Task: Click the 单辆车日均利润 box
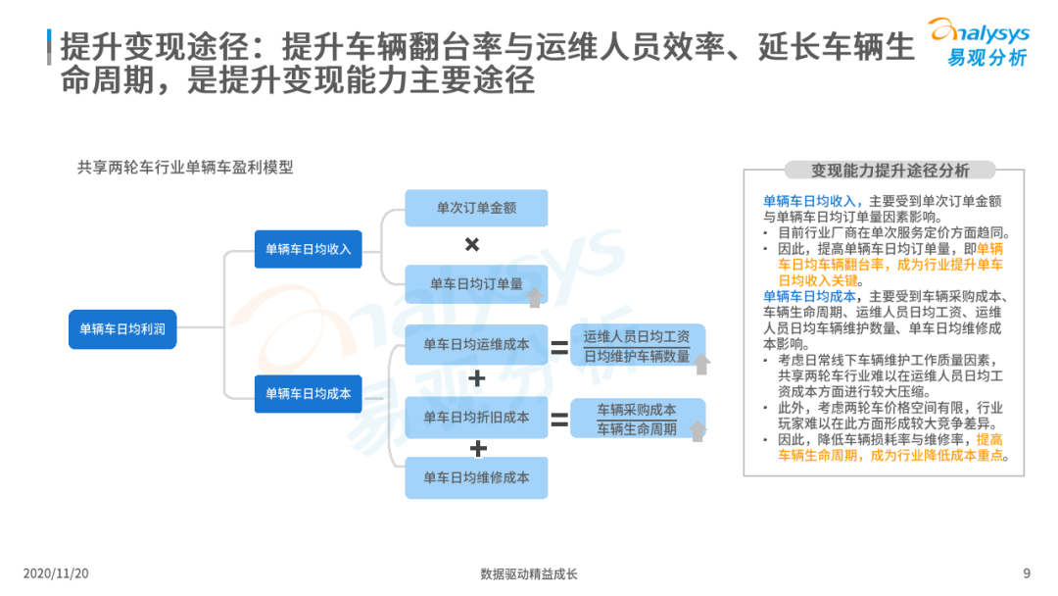coord(122,329)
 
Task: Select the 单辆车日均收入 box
coord(308,249)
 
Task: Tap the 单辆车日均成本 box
coord(308,393)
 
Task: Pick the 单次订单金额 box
coord(476,208)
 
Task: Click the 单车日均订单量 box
coord(476,284)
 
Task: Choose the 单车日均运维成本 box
coord(476,344)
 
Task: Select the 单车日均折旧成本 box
coord(476,418)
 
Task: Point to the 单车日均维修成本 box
coord(476,478)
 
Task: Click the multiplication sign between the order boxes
coord(472,244)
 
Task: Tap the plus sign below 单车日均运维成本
coord(477,378)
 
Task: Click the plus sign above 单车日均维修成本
coord(478,448)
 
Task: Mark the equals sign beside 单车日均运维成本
coord(559,347)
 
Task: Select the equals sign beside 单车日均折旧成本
coord(559,420)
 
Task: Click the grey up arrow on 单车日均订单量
coord(535,297)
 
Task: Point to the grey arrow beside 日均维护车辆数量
coord(701,364)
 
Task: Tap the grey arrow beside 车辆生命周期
coord(697,430)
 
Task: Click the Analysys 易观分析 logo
coord(979,42)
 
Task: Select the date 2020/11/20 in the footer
coord(56,573)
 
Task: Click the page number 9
coord(1027,573)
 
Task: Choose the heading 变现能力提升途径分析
coord(890,171)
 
